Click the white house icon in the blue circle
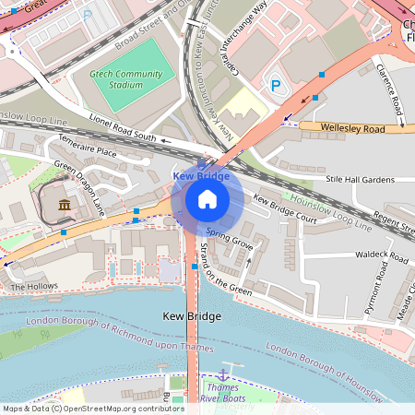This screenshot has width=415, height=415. pyautogui.click(x=207, y=199)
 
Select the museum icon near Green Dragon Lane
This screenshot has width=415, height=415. pyautogui.click(x=64, y=204)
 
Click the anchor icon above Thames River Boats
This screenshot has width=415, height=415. pyautogui.click(x=222, y=374)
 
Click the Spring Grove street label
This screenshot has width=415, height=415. pyautogui.click(x=229, y=239)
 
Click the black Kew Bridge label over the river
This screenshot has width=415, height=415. pyautogui.click(x=191, y=316)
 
